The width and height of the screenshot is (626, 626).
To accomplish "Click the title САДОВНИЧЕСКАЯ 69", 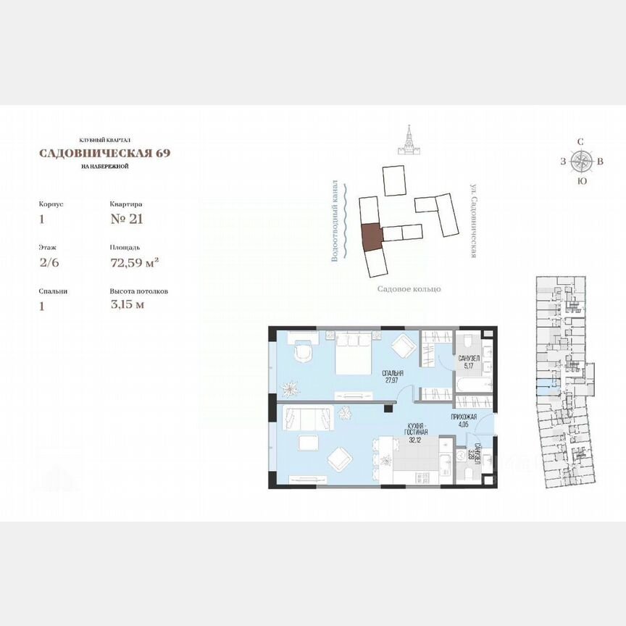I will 105,153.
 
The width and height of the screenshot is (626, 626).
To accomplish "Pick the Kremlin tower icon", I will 408,140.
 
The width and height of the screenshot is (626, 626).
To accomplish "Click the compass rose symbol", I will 581,161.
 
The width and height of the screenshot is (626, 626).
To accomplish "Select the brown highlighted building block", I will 370,236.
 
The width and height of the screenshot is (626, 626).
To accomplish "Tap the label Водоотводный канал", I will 335,221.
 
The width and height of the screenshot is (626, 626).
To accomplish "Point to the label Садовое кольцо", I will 409,289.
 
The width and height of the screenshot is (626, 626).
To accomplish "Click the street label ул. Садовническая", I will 472,220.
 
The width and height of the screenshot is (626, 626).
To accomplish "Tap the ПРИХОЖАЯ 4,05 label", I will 464,420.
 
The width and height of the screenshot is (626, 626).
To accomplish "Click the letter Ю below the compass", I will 581,182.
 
